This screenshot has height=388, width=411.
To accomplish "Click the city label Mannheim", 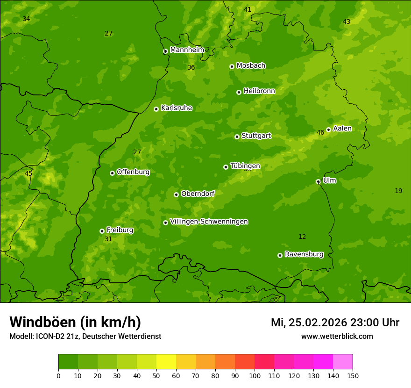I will click(187, 50).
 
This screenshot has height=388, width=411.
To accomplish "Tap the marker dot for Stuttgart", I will click(237, 137).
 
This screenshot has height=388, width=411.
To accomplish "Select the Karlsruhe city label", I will click(177, 108).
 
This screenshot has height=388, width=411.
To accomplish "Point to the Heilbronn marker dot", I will click(239, 92).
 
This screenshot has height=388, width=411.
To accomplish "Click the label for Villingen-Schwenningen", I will click(209, 222).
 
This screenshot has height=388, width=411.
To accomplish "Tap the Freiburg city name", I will click(120, 230).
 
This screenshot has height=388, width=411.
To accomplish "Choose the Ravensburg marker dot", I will click(280, 255).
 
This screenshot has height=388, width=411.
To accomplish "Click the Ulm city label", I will click(329, 180).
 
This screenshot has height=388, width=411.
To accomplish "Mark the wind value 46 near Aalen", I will click(320, 133).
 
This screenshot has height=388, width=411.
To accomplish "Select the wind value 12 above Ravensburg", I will click(302, 237).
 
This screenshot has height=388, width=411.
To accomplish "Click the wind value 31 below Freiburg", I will click(108, 239).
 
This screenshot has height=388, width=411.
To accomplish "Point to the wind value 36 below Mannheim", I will click(191, 68).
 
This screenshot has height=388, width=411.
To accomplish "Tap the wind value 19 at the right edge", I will click(398, 191).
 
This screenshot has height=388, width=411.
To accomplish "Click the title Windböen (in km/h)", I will click(75, 322).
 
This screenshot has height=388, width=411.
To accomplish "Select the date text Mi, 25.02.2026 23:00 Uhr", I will click(335, 323).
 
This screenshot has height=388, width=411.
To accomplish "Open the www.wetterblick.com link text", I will click(337, 337).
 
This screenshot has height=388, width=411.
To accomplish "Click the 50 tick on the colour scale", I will click(156, 375).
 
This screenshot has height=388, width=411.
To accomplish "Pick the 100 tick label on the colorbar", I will click(255, 375).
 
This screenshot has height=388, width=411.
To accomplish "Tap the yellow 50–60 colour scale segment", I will click(166, 362).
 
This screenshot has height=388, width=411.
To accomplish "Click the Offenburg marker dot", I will click(112, 173).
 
